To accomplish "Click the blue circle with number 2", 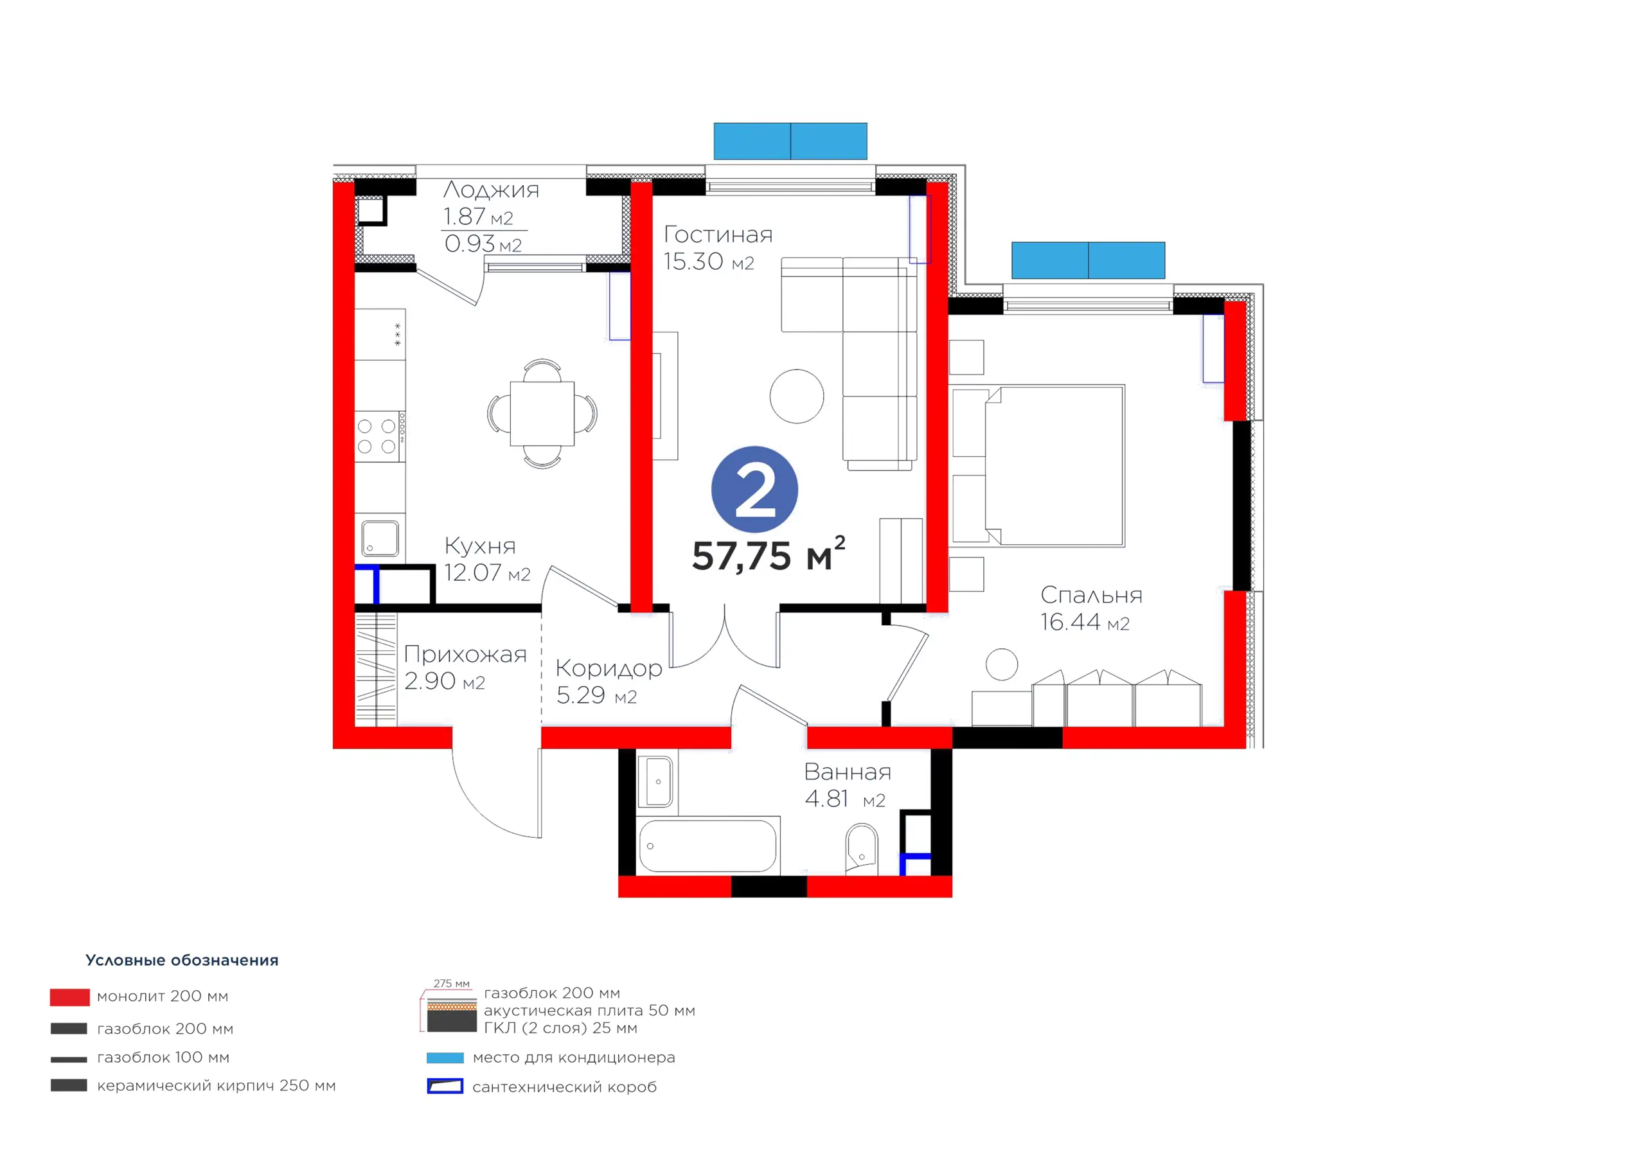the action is point(754,490).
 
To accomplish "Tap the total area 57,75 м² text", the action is point(768,555).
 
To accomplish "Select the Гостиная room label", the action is point(718,235).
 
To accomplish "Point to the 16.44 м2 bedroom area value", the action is point(1085,622).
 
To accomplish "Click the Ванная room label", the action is point(848,772).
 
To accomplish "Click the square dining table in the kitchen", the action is point(542,413).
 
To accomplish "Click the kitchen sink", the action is point(380,537).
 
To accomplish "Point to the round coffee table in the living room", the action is point(797,396).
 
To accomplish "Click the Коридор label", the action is point(609,668).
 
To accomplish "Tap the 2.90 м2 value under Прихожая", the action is point(444,680).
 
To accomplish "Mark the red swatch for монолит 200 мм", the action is point(69,997).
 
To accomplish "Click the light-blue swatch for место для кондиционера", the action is point(445,1058).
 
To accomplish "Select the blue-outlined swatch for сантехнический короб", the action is point(445,1087).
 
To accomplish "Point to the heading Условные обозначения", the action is point(182,960).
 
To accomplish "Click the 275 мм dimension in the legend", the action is point(451,983).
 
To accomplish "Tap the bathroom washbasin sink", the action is point(659,782).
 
